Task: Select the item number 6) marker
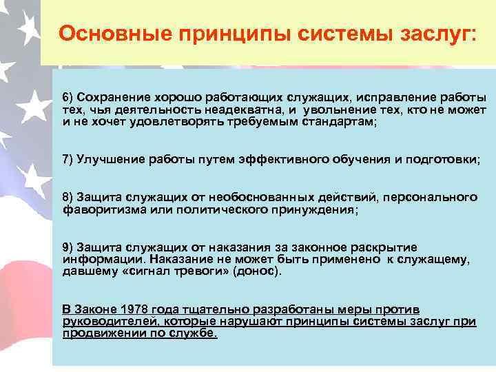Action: [69, 97]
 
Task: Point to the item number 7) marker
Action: [69, 159]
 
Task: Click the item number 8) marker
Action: [69, 198]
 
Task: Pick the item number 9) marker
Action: [69, 247]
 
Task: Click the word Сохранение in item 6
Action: [109, 97]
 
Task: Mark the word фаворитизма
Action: [99, 209]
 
